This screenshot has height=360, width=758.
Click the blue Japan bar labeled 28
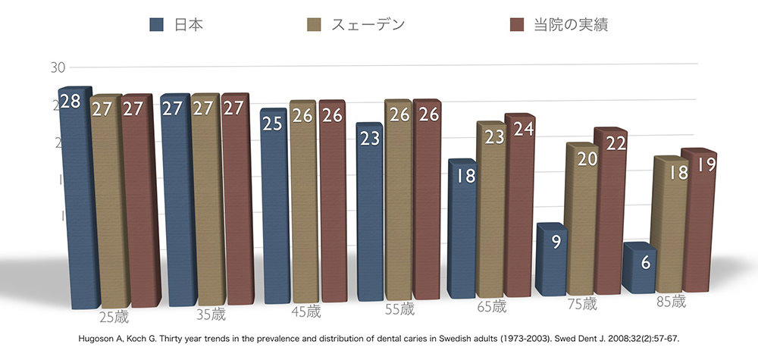tap(74, 197)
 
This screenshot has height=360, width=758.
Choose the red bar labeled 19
tap(698, 220)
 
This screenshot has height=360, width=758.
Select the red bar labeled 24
tap(519, 205)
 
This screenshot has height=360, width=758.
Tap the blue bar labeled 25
tap(273, 205)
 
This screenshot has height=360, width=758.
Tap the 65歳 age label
tap(491, 307)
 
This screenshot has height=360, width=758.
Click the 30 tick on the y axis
tap(58, 67)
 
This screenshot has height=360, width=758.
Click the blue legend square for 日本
tap(157, 24)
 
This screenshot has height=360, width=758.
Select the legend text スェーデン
tap(368, 24)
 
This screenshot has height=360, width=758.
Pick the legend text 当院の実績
tap(570, 24)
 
